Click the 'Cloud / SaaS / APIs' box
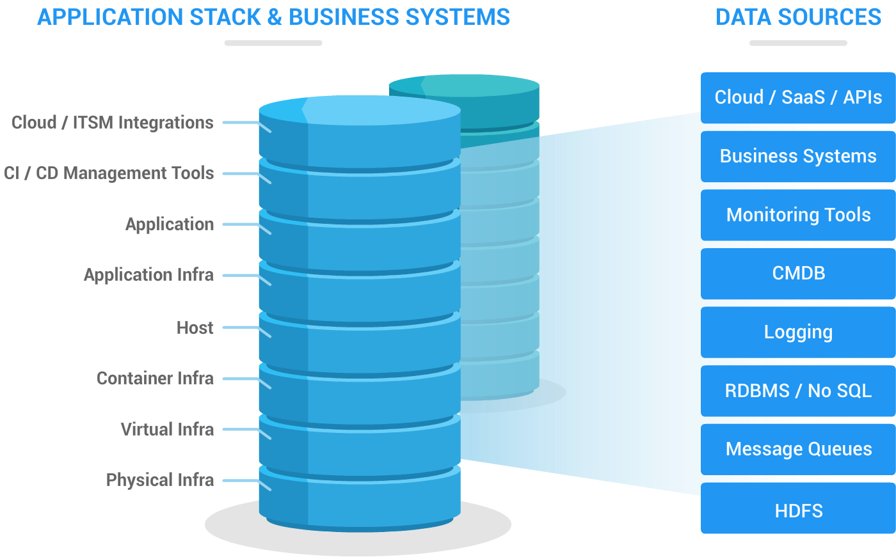pyautogui.click(x=797, y=98)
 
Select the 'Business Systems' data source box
pyautogui.click(x=797, y=157)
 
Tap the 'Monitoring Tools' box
pyautogui.click(x=797, y=215)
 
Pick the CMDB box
pyautogui.click(x=797, y=274)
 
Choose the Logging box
pyautogui.click(x=797, y=333)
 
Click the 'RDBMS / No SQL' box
pyautogui.click(x=797, y=391)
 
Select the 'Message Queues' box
pyautogui.click(x=797, y=450)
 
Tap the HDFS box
pyautogui.click(x=797, y=510)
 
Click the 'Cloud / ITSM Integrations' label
pyautogui.click(x=113, y=122)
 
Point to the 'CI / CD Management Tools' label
pyautogui.click(x=109, y=173)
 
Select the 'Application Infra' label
pyautogui.click(x=148, y=275)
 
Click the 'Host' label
pyautogui.click(x=195, y=328)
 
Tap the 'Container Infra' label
pyautogui.click(x=155, y=379)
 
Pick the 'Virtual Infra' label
pyautogui.click(x=167, y=429)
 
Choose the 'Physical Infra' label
pyautogui.click(x=160, y=480)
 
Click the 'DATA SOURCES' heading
pyautogui.click(x=797, y=17)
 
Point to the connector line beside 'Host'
pyautogui.click(x=240, y=328)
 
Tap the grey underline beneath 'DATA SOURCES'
pyautogui.click(x=797, y=43)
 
